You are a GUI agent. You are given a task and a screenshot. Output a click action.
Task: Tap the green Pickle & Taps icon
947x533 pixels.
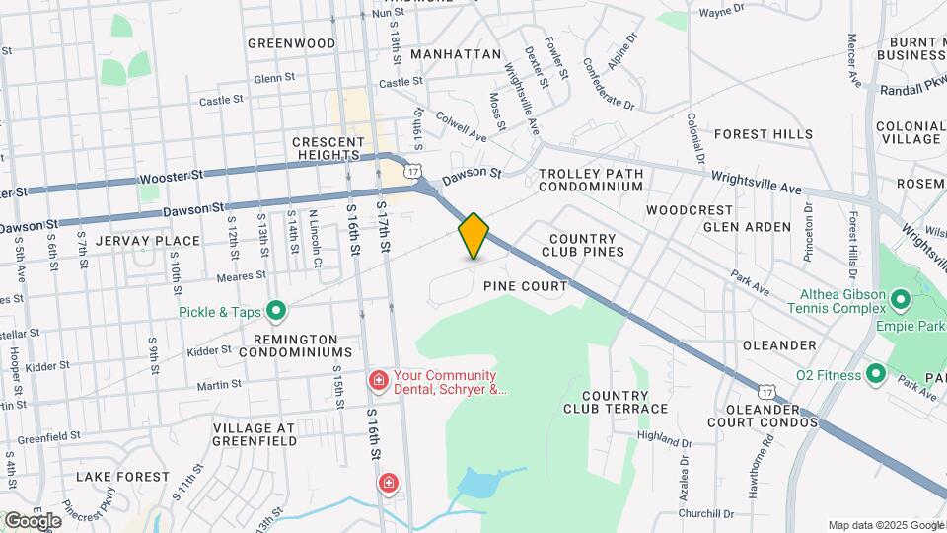pyautogui.click(x=277, y=312)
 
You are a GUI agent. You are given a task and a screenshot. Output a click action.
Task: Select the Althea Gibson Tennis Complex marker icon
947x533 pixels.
pyautogui.click(x=900, y=299)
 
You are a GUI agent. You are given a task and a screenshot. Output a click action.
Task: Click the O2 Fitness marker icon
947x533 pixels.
pyautogui.click(x=875, y=373)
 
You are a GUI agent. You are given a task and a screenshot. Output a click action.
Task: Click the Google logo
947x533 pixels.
pyautogui.click(x=32, y=520)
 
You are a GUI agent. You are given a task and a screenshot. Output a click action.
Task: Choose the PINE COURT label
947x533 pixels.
pyautogui.click(x=526, y=286)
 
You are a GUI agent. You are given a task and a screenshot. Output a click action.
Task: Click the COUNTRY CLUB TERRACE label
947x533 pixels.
pyautogui.click(x=617, y=402)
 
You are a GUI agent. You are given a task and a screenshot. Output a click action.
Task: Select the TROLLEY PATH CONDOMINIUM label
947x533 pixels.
pyautogui.click(x=591, y=180)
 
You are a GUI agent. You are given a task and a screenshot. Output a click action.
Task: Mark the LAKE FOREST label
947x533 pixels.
pyautogui.click(x=123, y=477)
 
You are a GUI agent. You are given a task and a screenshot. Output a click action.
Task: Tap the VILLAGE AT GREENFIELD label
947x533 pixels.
pyautogui.click(x=255, y=434)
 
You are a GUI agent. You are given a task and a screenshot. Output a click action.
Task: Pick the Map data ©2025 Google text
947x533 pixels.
pyautogui.click(x=885, y=525)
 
